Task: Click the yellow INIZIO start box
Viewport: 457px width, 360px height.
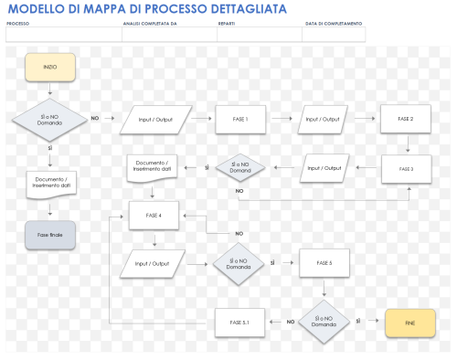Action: (x=49, y=68)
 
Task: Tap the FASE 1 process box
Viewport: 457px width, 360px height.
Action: (x=239, y=119)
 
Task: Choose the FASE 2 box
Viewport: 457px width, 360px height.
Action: (x=406, y=120)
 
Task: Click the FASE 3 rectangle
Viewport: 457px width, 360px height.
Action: (x=406, y=169)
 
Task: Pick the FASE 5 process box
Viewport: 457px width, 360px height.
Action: (x=324, y=263)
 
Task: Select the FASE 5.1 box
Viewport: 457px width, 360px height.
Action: (x=239, y=322)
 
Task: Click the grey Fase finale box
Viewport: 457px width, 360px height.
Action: (x=49, y=235)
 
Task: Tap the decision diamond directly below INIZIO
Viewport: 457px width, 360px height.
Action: (x=49, y=119)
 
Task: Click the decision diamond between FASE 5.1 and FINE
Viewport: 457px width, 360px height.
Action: (x=324, y=322)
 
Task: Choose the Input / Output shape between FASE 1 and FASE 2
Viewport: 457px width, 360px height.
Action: (x=324, y=120)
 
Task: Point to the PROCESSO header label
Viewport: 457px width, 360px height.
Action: (x=18, y=24)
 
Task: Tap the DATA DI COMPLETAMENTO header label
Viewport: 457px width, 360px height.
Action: (x=333, y=24)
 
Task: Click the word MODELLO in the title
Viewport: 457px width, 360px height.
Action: (x=33, y=9)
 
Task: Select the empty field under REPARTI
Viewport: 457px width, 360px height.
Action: (x=259, y=35)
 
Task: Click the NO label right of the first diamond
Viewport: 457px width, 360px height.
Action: (x=94, y=118)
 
